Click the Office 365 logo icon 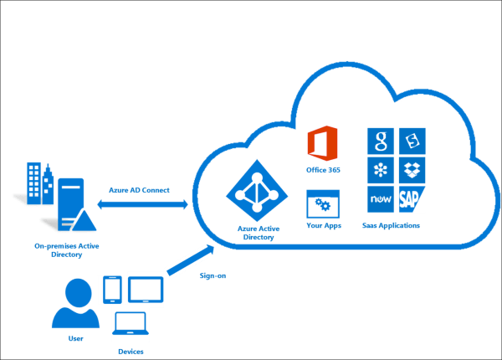click(x=322, y=143)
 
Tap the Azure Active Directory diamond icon click(x=257, y=191)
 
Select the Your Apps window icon click(x=323, y=204)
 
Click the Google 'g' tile click(x=381, y=141)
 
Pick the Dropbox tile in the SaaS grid click(x=412, y=170)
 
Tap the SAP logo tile click(x=412, y=199)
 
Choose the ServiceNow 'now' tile click(x=381, y=199)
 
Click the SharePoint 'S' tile click(x=412, y=141)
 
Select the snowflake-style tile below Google click(x=381, y=170)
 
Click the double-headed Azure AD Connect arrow click(x=142, y=204)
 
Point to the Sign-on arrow click(x=191, y=260)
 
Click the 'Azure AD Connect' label click(x=139, y=190)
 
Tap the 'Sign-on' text click(x=213, y=275)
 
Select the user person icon click(x=76, y=303)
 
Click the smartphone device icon click(x=112, y=290)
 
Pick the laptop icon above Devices click(x=131, y=323)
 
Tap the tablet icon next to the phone click(x=146, y=290)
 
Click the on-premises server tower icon click(x=76, y=204)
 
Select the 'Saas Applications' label click(x=391, y=225)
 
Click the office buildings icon click(x=40, y=183)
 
